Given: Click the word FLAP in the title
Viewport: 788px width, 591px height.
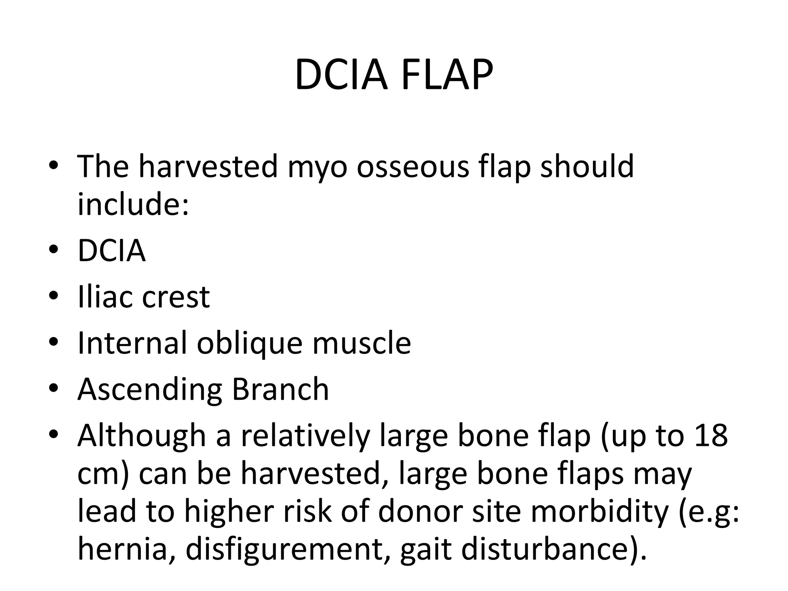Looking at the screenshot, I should (447, 75).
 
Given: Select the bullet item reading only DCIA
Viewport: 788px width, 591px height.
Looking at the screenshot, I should (112, 250).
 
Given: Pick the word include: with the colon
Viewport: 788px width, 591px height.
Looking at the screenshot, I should (133, 204).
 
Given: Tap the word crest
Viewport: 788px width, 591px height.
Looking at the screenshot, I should (176, 297).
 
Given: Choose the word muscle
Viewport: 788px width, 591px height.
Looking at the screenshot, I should (362, 343).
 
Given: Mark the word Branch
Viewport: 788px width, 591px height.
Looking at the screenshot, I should (280, 389).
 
